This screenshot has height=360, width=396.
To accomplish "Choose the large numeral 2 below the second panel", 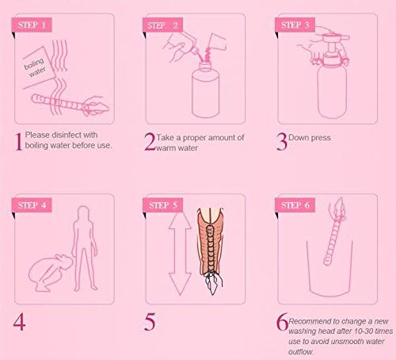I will [x=150, y=142].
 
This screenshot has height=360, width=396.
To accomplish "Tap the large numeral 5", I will [x=150, y=323].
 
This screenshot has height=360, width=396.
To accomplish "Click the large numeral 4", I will [x=19, y=323].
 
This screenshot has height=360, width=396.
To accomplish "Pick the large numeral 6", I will [x=281, y=323].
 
